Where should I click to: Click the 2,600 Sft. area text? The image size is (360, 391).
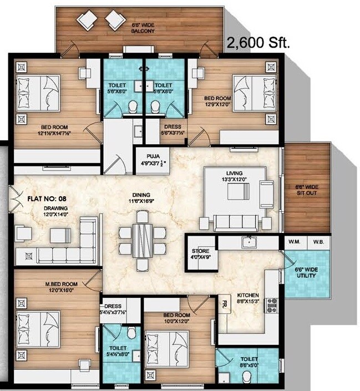258,44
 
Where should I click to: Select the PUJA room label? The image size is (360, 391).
152,160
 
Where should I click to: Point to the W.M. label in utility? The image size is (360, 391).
294,242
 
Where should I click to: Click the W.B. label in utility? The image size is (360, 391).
318,242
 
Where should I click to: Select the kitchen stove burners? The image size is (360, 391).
272,304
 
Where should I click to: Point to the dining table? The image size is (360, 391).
143,240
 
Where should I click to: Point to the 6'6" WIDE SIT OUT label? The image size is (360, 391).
307,191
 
